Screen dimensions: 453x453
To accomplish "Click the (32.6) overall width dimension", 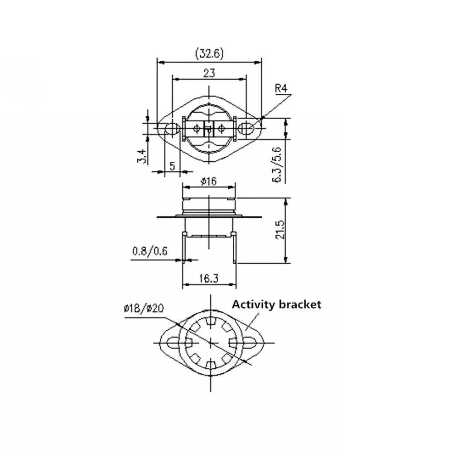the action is tap(209, 53).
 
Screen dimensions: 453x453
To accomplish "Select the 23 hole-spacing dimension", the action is tap(209, 73).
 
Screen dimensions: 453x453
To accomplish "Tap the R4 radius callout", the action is tap(281, 88).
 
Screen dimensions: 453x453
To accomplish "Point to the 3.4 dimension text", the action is tap(141, 156).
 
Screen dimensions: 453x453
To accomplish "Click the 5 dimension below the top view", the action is tap(172, 166).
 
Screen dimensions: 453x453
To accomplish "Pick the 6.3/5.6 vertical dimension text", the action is tap(276, 164).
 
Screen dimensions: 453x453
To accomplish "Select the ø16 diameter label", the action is tap(208, 182).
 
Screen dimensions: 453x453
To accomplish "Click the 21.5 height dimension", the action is tap(280, 230).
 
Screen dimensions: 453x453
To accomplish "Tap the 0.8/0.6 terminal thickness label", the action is tap(149, 251).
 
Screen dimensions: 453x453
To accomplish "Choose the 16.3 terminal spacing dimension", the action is tap(209, 278).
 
